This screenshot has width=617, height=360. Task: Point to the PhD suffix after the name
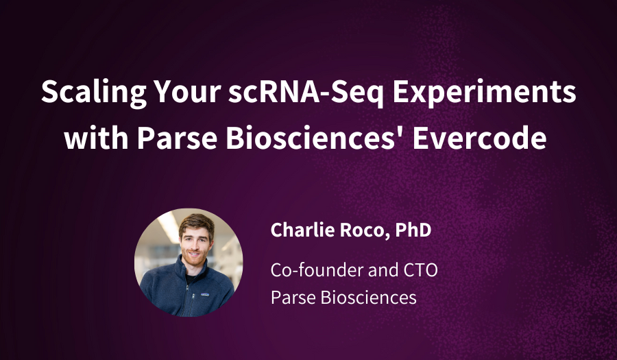point(413,230)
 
